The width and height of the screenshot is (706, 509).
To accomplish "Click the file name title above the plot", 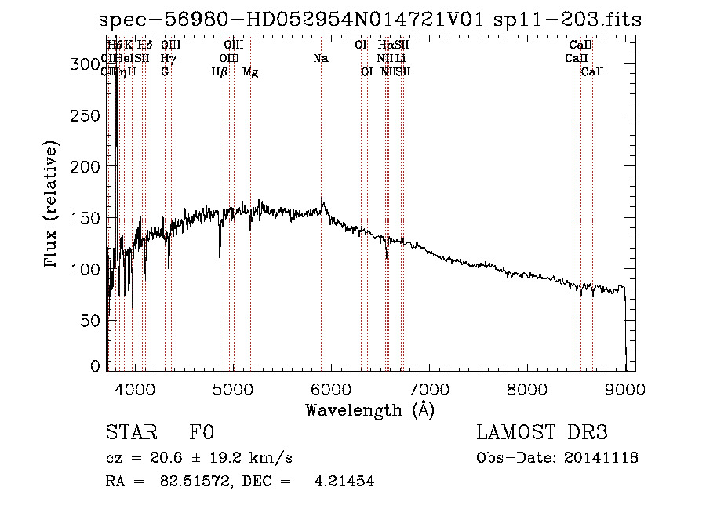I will click(x=371, y=20).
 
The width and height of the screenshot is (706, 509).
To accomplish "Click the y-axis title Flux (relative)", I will click(x=52, y=205).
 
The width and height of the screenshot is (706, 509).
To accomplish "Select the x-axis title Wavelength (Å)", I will click(x=369, y=409).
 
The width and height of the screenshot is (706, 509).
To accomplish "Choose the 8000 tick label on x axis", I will click(x=526, y=389).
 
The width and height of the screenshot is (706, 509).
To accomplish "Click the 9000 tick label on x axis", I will click(x=624, y=389).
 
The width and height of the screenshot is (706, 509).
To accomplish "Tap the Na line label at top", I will click(x=320, y=58).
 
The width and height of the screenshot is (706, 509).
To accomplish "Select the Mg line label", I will click(x=250, y=72).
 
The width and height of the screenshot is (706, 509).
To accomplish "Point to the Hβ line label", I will click(x=220, y=72).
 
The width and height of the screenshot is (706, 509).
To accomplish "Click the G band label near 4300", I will click(x=165, y=72).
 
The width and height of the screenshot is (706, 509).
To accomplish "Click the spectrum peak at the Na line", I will click(x=322, y=196).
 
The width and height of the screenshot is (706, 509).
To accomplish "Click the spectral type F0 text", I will click(x=202, y=433).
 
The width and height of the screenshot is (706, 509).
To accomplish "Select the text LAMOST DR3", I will click(x=541, y=433).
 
